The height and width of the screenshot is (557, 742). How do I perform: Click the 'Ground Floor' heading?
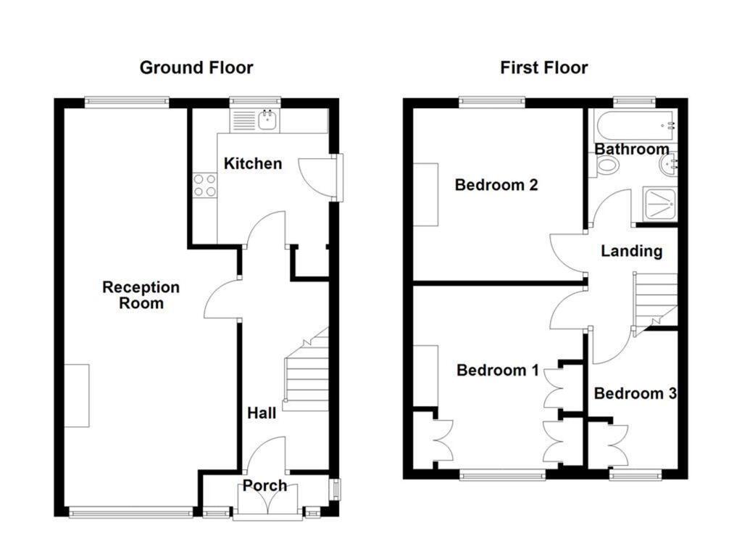tap(196, 68)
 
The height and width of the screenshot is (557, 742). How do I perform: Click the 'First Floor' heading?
tap(543, 68)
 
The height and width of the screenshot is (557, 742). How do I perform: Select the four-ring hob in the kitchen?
tap(204, 186)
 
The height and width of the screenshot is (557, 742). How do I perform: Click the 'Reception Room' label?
tap(141, 294)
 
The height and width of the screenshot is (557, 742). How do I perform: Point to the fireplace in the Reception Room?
tap(77, 395)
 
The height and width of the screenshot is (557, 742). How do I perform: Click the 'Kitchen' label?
tap(252, 163)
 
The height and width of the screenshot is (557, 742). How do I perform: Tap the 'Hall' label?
tap(261, 413)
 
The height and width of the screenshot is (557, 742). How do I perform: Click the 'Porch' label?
tap(264, 485)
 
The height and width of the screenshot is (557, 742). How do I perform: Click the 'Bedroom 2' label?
tap(496, 185)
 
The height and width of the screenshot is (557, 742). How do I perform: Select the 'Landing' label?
tap(631, 251)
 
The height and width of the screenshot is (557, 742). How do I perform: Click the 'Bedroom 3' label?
tap(635, 393)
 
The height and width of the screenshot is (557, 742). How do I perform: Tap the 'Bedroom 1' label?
tap(497, 371)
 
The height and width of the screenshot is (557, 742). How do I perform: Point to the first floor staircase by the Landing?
tap(656, 299)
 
